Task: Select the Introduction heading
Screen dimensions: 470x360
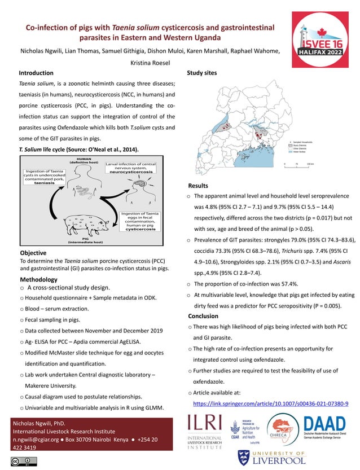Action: pyautogui.click(x=36, y=73)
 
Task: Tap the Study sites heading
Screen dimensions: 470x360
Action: pyautogui.click(x=201, y=73)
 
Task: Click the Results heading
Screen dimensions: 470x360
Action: pyautogui.click(x=198, y=186)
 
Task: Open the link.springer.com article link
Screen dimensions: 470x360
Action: pyautogui.click(x=270, y=403)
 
